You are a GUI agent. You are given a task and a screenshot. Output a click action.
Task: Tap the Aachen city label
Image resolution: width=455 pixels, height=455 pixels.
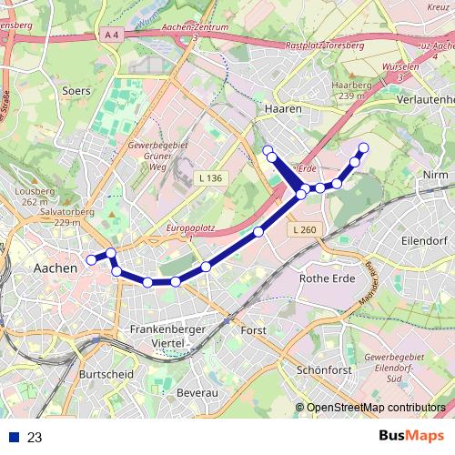coord(55,268)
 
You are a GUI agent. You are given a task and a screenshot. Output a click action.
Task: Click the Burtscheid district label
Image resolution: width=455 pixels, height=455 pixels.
coord(107,374)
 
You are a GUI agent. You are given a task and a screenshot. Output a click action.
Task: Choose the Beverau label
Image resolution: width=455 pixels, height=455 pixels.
coord(197,391)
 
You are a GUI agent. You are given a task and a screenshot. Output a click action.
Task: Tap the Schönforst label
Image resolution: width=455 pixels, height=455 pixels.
coord(326,371)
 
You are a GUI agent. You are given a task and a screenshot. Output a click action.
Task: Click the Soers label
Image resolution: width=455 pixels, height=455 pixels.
coord(76,91)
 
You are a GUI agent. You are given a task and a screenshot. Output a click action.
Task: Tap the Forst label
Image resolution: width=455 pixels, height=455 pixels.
coord(254,329)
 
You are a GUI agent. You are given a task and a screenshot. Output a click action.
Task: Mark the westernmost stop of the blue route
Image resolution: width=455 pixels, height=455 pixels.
coord(91,260)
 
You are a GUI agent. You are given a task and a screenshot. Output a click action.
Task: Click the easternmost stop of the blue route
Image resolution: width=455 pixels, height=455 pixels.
coord(363,147)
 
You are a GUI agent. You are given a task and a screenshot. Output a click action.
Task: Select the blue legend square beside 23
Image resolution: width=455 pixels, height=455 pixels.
coord(14,437)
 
